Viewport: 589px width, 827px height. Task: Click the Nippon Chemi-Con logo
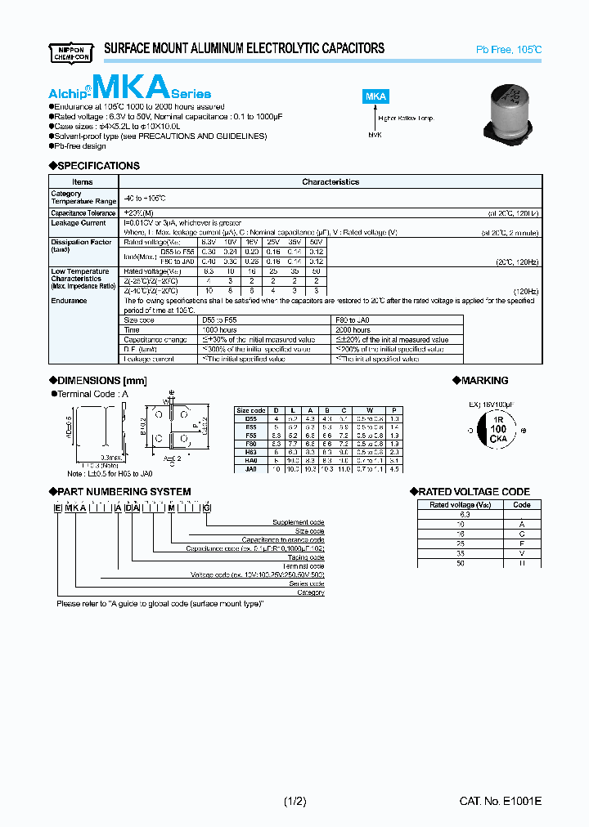coord(68,50)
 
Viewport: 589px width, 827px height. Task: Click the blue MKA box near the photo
coord(375,96)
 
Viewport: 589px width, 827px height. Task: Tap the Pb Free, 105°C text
coord(509,50)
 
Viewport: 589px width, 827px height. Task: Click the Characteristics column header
coord(330,182)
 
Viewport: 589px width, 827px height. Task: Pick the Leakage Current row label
coord(79,223)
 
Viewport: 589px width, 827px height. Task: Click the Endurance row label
coord(69,301)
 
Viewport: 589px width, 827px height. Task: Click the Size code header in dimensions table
coord(250,410)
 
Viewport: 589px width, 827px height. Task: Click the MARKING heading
coord(484,381)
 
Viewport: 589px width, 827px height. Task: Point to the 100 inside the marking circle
coord(497,430)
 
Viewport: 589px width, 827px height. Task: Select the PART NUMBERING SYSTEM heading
coord(124,492)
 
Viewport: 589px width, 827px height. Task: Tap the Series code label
coord(308,583)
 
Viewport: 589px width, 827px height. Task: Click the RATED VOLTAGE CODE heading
coord(474,492)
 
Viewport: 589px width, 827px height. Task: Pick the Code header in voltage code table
coord(521,505)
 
